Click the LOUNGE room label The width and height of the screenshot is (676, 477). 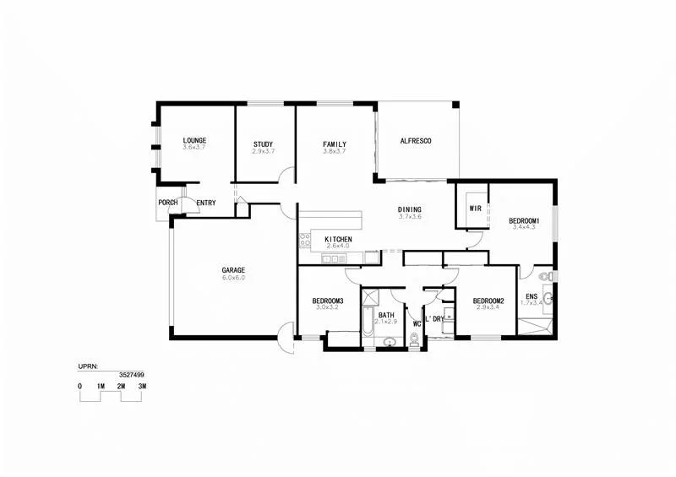(x=194, y=140)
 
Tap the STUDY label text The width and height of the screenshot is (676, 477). (x=263, y=144)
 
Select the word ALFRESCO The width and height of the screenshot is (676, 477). (x=415, y=141)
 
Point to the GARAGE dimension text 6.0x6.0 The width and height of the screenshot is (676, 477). (x=233, y=278)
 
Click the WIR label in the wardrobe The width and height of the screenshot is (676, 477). (x=475, y=208)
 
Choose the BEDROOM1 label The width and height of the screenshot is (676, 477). (x=524, y=221)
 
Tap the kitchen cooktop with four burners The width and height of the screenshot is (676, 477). (x=305, y=241)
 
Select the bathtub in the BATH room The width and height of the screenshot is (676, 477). (x=368, y=325)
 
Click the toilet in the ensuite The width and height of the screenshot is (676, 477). (x=546, y=276)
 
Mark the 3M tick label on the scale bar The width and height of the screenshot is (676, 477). (x=143, y=386)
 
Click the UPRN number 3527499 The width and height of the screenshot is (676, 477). (x=130, y=374)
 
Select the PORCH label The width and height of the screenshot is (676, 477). (x=167, y=203)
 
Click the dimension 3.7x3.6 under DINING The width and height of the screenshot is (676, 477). (x=410, y=217)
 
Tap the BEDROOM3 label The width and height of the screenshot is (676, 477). (x=327, y=301)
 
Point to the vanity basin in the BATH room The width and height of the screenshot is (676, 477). (x=390, y=341)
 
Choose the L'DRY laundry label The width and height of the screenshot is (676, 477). (x=434, y=319)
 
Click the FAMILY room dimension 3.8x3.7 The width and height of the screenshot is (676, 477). (x=335, y=151)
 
